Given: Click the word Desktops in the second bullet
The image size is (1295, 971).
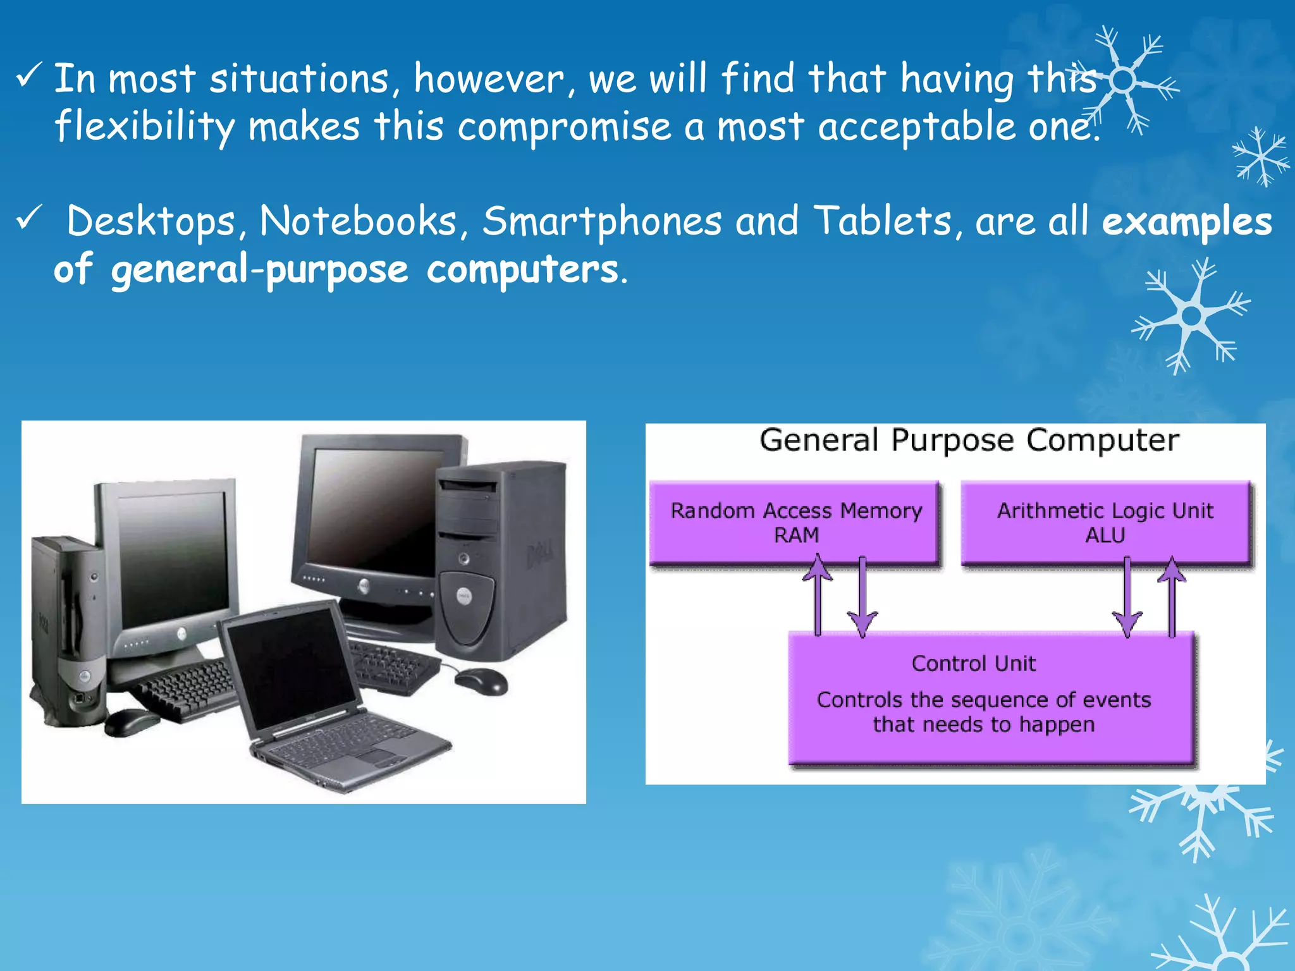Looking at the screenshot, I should [150, 222].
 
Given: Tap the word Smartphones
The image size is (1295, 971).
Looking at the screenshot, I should [601, 222].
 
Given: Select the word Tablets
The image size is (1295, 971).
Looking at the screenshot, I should [883, 222].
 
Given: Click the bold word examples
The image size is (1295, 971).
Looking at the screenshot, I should [1187, 222].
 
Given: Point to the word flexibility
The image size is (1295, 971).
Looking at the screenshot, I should [144, 126].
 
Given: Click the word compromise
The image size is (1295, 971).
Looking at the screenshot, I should [564, 126].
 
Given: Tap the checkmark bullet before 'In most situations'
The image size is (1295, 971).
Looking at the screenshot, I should [29, 75].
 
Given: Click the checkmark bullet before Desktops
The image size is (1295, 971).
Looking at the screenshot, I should [29, 218].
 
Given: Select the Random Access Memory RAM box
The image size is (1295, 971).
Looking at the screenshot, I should [795, 522].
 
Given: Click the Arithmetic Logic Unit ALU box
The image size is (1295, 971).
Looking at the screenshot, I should [1105, 522].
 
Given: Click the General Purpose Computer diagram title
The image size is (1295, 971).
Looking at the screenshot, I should [969, 440].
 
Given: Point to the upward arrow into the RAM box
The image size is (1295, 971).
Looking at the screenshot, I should [818, 594].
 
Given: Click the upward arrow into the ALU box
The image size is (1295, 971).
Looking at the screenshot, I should [1172, 594].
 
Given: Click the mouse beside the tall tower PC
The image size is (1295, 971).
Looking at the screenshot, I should [481, 681].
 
